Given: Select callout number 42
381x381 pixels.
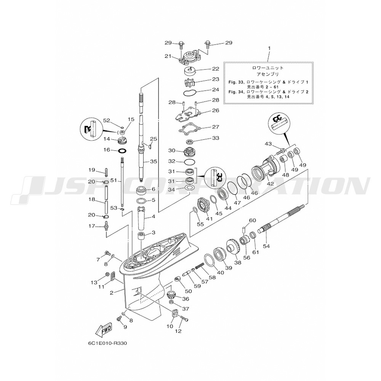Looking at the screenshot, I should click(x=270, y=184).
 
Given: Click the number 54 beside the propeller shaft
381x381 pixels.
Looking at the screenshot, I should click(x=266, y=247).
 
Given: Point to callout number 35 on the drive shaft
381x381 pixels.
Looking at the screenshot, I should click(x=153, y=162).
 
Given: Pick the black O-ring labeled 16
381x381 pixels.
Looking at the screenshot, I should click(x=122, y=150).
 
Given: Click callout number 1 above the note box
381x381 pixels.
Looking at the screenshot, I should click(x=269, y=49).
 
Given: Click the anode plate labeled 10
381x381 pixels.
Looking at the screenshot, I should click(x=175, y=314).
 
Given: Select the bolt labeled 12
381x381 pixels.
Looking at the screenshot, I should click(x=184, y=318).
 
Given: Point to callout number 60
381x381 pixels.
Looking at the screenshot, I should click(x=252, y=221).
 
